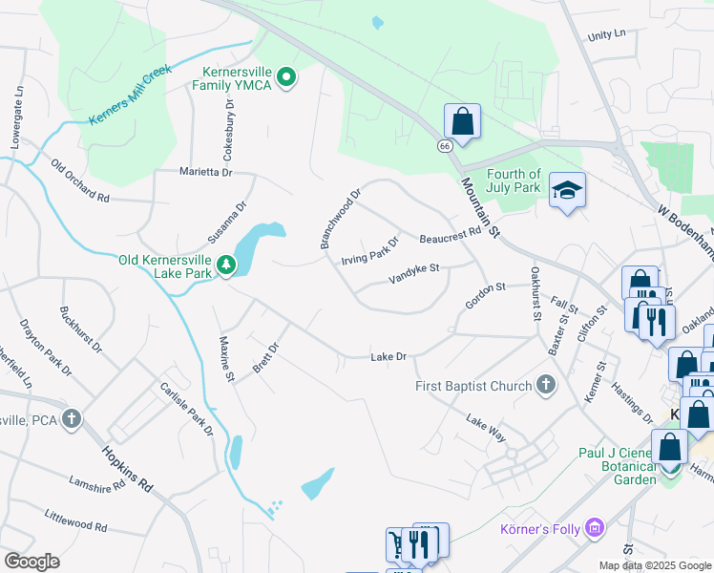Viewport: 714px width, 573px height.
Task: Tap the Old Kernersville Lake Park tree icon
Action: pyautogui.click(x=226, y=265)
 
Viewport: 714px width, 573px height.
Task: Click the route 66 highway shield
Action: pyautogui.click(x=445, y=146)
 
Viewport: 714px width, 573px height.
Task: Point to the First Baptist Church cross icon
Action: pyautogui.click(x=545, y=385)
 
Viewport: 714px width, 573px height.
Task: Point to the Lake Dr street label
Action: pyautogui.click(x=388, y=357)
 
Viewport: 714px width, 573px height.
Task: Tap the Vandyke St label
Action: pyautogui.click(x=412, y=274)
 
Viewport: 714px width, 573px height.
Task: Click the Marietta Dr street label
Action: pyautogui.click(x=206, y=172)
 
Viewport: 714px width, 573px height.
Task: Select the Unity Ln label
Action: pyautogui.click(x=606, y=34)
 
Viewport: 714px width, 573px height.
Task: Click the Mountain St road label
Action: pyautogui.click(x=479, y=206)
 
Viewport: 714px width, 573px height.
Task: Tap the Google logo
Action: pyautogui.click(x=31, y=561)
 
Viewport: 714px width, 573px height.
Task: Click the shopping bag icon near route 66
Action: pyautogui.click(x=462, y=121)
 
